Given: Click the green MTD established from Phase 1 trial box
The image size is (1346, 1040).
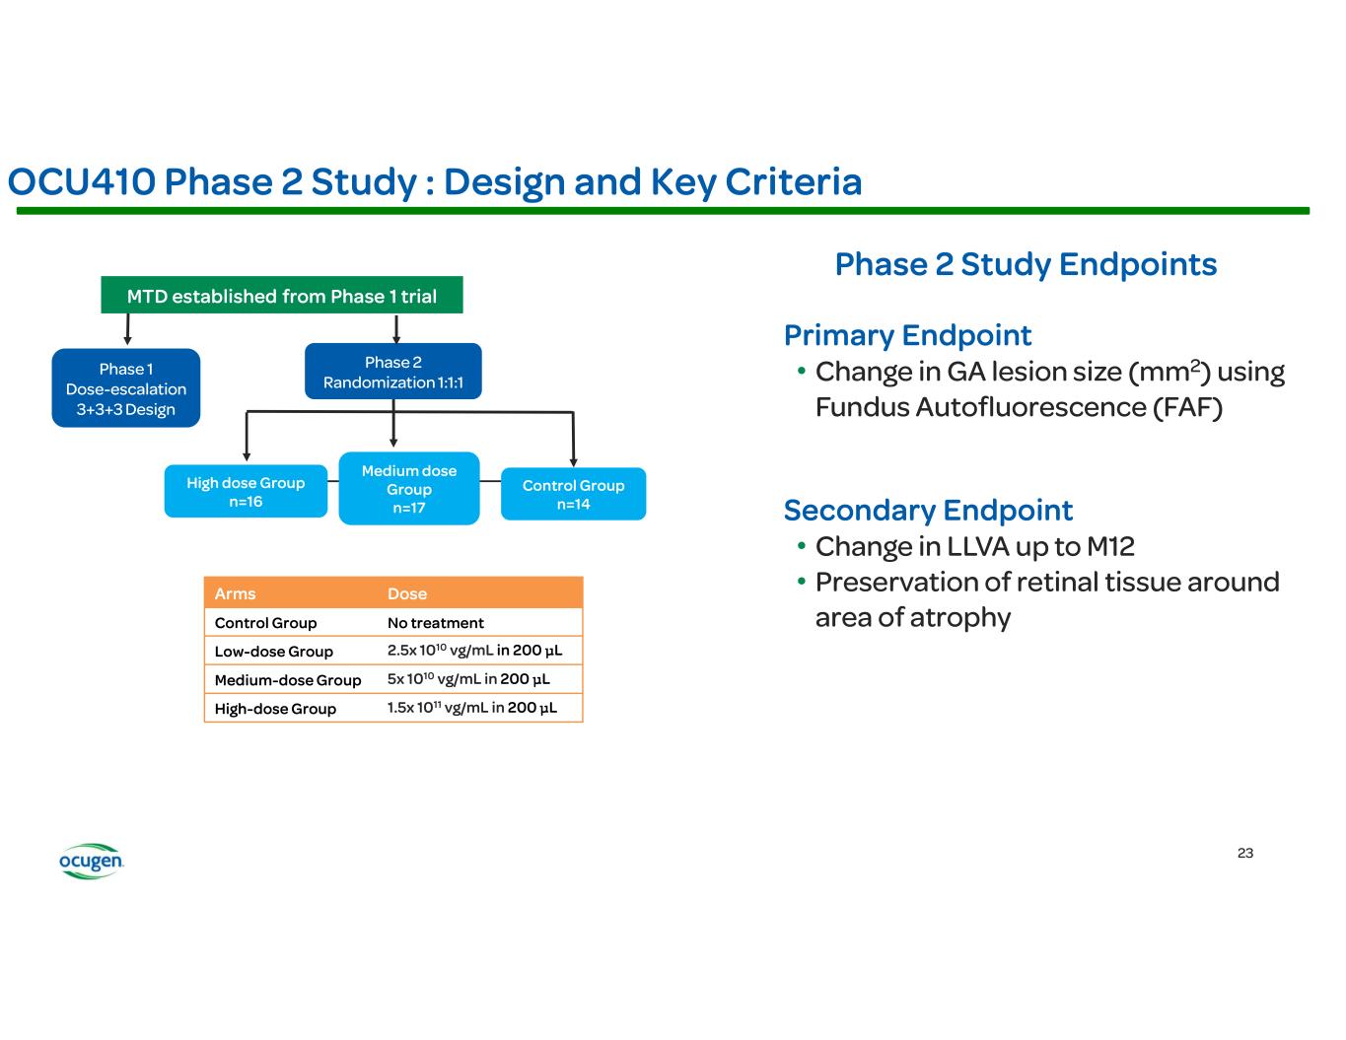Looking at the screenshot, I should pos(282,296).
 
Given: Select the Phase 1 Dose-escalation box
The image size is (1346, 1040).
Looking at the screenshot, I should pos(126,388).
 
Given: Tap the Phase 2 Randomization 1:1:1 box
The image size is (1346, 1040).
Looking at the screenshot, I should pos(393,372).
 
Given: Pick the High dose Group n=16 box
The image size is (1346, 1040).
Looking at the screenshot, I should pos(246,491).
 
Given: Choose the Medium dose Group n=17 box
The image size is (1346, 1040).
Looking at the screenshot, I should pos(409,489).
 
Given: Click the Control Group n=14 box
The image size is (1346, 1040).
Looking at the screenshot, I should pos(573,494).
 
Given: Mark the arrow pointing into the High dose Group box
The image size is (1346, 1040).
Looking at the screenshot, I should pos(247,454).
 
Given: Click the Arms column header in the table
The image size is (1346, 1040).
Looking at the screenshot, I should pos(236,593).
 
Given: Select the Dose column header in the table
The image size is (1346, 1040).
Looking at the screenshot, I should pos(407,593).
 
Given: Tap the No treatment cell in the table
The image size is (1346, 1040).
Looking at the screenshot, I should pos(436,623).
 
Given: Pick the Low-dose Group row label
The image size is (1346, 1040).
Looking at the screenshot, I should pos(274,652).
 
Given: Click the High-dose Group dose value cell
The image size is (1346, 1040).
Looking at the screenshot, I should pos(472,708).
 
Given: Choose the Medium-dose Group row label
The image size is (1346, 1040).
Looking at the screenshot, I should pos(288,680).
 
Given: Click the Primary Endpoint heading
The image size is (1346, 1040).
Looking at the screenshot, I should pos(907,335).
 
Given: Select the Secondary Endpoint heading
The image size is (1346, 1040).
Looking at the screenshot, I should pos(928,511).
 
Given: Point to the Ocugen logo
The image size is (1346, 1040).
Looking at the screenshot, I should pos(91,862).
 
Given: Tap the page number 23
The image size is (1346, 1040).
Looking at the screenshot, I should pos(1245,853).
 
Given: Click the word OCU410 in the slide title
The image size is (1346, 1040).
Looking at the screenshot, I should pos(81,182).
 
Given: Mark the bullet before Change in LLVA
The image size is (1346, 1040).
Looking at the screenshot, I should pos(803,546).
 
